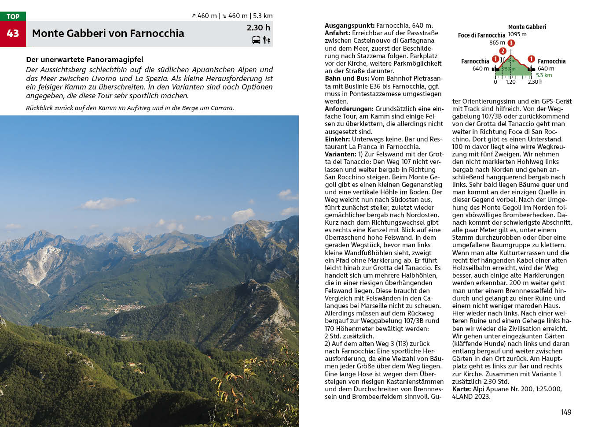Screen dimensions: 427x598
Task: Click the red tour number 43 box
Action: (x=13, y=33)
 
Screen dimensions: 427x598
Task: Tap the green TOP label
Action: (x=13, y=16)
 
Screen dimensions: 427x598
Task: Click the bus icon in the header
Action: (x=256, y=40)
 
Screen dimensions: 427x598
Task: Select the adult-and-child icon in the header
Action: (x=266, y=40)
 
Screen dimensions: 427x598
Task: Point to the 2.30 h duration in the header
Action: (x=258, y=28)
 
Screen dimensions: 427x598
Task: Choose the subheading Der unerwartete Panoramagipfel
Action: (x=84, y=59)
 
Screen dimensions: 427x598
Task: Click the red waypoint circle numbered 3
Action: (x=511, y=43)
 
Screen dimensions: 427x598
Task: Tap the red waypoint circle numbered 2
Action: (x=503, y=51)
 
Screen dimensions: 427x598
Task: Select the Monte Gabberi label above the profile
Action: (x=527, y=27)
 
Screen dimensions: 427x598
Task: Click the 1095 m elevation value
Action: (x=517, y=34)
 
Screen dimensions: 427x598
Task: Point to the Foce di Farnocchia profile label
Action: (x=481, y=35)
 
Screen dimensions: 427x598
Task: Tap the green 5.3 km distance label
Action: (x=544, y=75)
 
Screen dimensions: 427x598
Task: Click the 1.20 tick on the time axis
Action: (x=510, y=82)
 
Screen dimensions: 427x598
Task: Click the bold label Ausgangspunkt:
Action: (x=349, y=26)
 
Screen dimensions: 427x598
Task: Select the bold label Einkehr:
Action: (x=338, y=139)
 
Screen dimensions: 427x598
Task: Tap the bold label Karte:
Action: (x=461, y=389)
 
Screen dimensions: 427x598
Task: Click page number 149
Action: (x=566, y=412)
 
